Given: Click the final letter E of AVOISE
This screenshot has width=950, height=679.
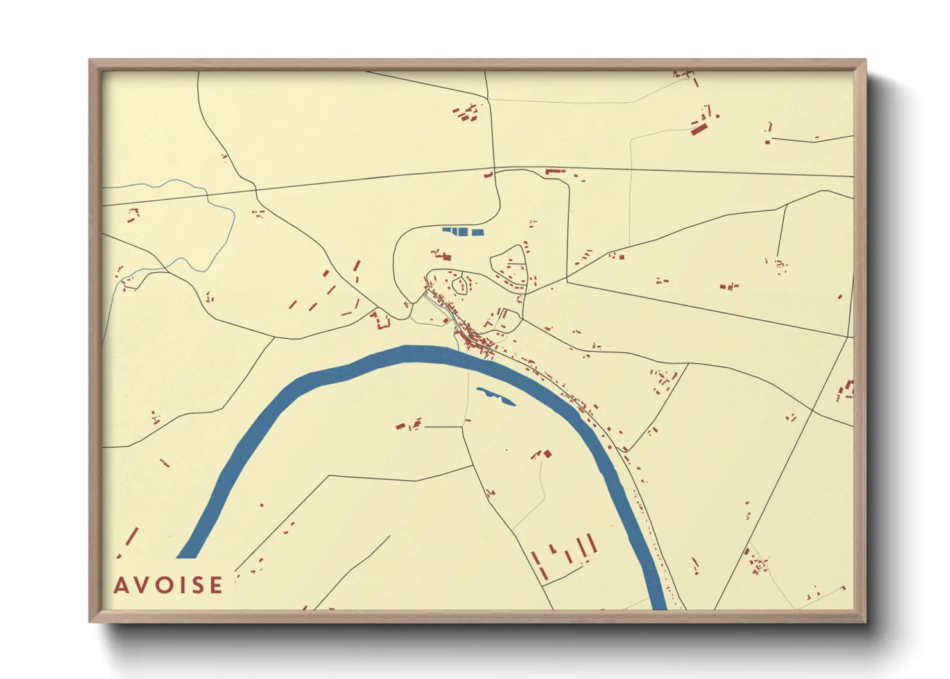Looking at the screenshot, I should pos(216,585).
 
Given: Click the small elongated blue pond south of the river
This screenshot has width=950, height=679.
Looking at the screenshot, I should pos(496,396).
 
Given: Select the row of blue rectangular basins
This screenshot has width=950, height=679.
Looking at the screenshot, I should pos(463,231).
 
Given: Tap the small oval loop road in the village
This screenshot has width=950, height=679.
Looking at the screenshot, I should pos(459,284).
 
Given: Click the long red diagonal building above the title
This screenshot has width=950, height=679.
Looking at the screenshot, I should pos(133,537).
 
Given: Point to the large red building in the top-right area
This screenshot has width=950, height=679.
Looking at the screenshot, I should pos(698,129).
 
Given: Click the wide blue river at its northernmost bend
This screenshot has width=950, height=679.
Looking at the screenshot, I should pos(411,354).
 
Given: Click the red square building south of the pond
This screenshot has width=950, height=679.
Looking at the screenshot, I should pos(548,454).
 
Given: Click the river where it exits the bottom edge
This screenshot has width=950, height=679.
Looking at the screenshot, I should pos(659,603).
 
